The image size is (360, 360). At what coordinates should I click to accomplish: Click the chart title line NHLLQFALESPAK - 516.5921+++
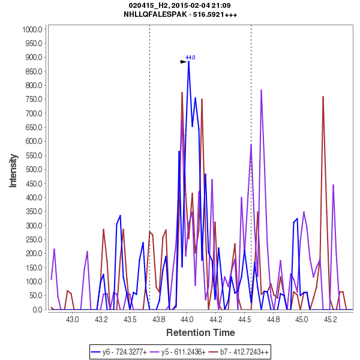coord(180,14)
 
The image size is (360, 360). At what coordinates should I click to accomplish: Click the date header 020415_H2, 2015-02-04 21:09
coord(180,5)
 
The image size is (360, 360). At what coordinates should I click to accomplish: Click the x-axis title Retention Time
coord(200,332)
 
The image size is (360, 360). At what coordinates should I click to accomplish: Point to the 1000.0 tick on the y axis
coord(31,29)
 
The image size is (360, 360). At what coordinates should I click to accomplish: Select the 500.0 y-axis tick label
coord(32,170)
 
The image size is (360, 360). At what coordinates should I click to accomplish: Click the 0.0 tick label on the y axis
coord(36,310)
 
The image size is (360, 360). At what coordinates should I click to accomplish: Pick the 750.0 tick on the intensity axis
coord(32,100)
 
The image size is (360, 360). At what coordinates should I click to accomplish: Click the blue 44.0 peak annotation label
coord(190,58)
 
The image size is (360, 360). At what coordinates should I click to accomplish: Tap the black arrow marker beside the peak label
coord(184,61)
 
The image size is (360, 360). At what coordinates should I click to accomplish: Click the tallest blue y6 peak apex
coord(188,61)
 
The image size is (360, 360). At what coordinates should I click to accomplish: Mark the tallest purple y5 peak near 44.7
coord(262,90)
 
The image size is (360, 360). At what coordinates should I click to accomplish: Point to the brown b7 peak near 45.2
coord(323,97)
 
